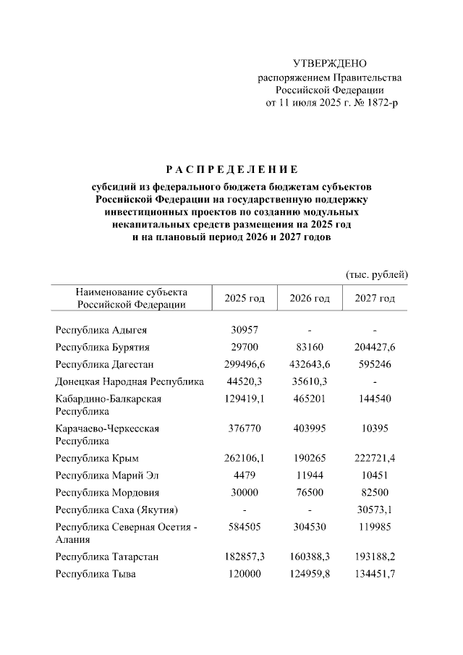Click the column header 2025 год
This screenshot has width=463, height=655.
pyautogui.click(x=245, y=298)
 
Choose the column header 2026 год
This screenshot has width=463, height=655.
pyautogui.click(x=310, y=298)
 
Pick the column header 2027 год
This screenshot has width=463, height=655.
pyautogui.click(x=375, y=298)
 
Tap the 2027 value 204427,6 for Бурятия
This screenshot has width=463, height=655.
pyautogui.click(x=375, y=347)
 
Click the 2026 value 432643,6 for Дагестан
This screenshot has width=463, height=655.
pyautogui.click(x=310, y=364)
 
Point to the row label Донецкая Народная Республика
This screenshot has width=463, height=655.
pyautogui.click(x=129, y=381)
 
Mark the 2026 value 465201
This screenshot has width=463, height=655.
pyautogui.click(x=310, y=399)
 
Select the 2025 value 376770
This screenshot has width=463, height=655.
pyautogui.click(x=245, y=428)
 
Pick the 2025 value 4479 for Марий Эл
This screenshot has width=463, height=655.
pyautogui.click(x=245, y=476)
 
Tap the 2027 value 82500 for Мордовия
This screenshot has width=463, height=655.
pyautogui.click(x=375, y=493)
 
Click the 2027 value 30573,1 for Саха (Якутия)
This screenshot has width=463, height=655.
pyautogui.click(x=375, y=510)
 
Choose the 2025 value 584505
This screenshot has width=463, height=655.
pyautogui.click(x=245, y=528)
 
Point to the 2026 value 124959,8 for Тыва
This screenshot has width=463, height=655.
pyautogui.click(x=310, y=575)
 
